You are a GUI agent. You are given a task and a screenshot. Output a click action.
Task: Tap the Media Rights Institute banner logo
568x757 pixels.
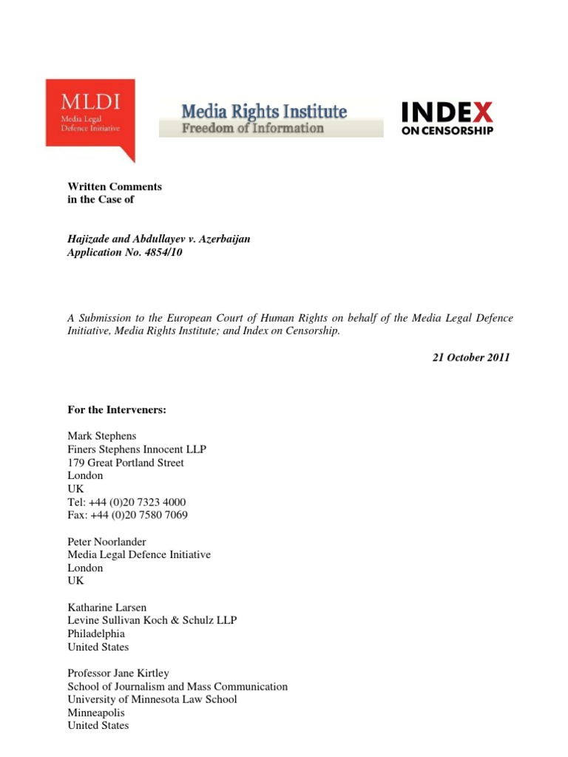click(271, 119)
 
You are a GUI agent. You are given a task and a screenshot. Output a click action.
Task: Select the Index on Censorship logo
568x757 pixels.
click(447, 118)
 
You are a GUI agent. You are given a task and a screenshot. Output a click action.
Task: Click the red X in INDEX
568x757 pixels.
click(483, 112)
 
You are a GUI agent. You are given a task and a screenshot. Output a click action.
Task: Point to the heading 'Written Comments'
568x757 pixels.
click(115, 187)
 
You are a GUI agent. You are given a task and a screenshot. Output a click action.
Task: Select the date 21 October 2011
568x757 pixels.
click(471, 358)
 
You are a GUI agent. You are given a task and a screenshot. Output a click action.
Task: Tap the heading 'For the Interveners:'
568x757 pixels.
click(117, 410)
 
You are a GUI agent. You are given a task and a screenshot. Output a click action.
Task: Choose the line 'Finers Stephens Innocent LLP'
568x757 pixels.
click(138, 449)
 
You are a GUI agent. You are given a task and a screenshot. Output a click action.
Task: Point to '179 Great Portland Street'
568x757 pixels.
click(126, 463)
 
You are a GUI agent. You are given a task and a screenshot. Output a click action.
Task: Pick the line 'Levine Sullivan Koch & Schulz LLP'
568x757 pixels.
click(152, 620)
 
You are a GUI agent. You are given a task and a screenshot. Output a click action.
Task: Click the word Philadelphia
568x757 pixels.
click(96, 634)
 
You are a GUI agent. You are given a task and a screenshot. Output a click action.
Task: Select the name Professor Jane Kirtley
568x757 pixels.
click(118, 673)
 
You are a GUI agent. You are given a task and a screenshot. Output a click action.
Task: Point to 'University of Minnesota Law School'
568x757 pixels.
click(152, 699)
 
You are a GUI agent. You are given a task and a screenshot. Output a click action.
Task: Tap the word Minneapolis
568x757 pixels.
click(96, 713)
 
